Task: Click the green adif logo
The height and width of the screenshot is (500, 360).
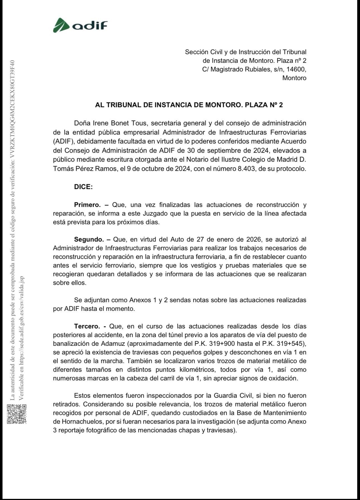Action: [80, 25]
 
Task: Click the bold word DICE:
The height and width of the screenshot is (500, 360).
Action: [83, 187]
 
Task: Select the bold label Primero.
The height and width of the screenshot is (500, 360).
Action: [87, 205]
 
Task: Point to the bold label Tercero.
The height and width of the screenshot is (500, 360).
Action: [87, 326]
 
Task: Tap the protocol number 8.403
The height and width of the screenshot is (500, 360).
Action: [247, 169]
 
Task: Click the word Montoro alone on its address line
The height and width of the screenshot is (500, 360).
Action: [294, 78]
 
